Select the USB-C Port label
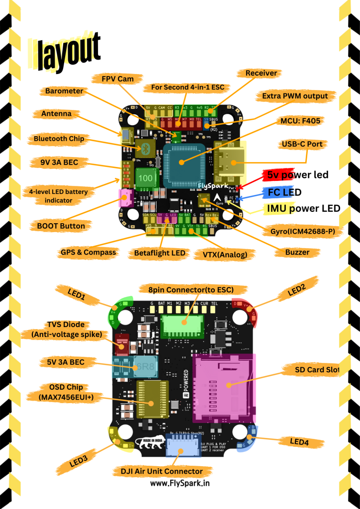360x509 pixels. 302,144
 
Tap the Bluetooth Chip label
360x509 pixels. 59,139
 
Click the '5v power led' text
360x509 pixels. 297,175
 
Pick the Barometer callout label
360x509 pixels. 64,91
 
